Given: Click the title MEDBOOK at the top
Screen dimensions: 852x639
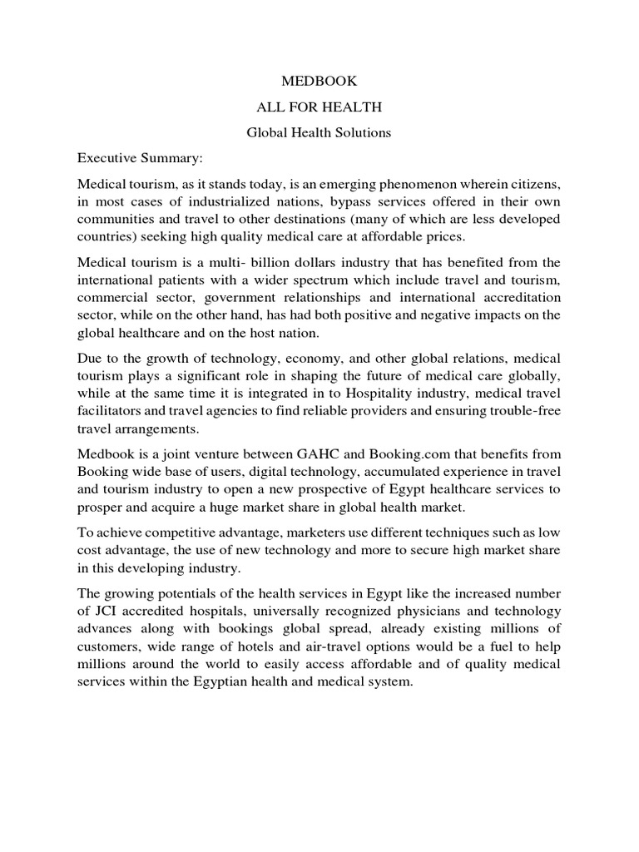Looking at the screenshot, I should pos(319,82).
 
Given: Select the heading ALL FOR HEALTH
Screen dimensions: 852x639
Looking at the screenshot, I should pos(319,107).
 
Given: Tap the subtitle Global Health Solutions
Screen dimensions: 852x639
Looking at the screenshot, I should pos(319,132).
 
